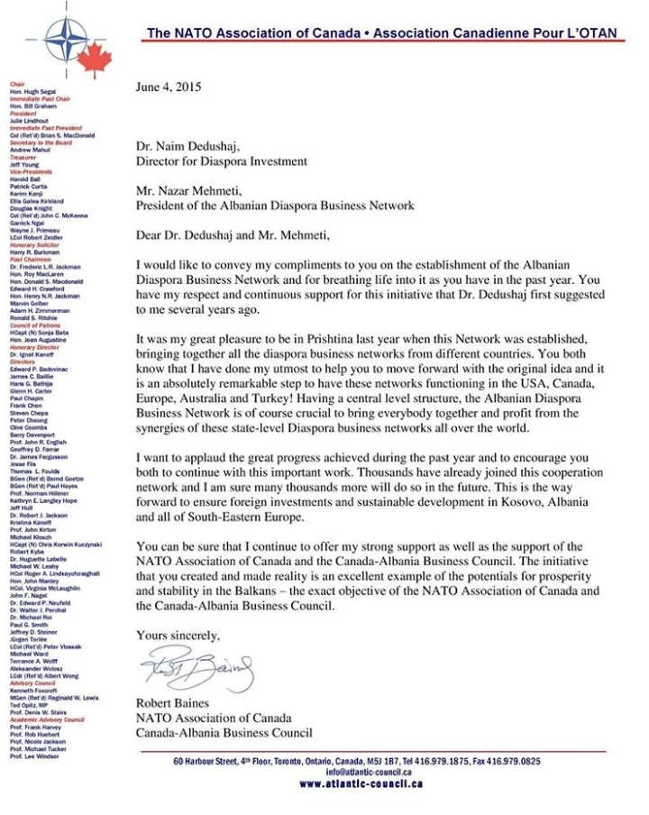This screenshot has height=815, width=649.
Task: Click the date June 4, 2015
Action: coord(169,87)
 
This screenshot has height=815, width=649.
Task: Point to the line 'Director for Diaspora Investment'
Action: coord(222,161)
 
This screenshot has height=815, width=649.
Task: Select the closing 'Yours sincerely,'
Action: coord(178,636)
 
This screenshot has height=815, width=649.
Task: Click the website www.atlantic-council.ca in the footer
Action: coord(361,783)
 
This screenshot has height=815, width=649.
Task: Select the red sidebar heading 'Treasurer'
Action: coord(23,157)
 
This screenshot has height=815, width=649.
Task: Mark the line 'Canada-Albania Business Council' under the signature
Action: coord(224,733)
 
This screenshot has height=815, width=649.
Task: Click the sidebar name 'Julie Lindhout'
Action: coord(29,121)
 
